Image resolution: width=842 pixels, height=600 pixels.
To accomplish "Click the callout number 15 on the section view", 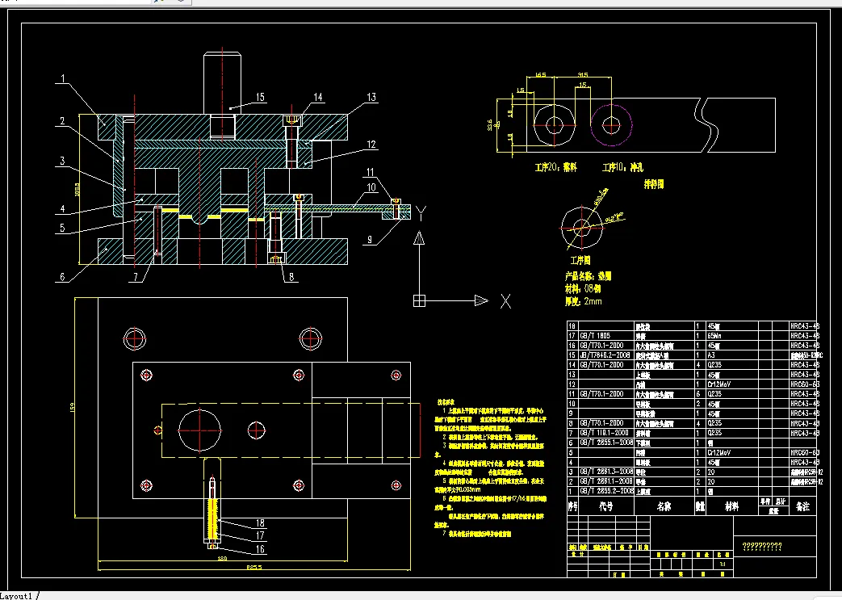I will click(259, 98).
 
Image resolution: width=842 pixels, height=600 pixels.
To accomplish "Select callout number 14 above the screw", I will click(317, 98).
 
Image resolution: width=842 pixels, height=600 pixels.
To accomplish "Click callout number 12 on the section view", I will click(371, 145).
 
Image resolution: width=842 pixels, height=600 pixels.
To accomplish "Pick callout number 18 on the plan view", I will click(261, 522).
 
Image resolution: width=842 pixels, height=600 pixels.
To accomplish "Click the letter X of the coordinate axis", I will click(505, 301).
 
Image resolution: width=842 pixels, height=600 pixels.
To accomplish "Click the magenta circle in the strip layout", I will click(610, 124).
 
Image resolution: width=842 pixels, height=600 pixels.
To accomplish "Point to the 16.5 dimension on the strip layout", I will click(540, 75).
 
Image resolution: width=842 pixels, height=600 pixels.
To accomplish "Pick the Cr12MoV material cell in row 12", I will click(722, 384).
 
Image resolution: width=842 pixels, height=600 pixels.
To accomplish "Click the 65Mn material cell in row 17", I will click(715, 334).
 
